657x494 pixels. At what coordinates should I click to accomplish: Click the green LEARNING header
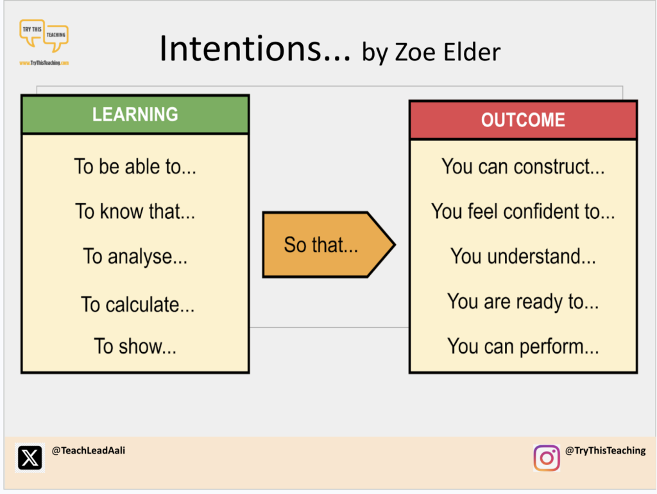pyautogui.click(x=135, y=114)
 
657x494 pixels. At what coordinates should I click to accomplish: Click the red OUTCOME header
pyautogui.click(x=523, y=120)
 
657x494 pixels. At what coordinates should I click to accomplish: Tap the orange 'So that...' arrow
pyautogui.click(x=328, y=244)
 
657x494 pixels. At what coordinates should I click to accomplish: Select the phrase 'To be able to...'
pyautogui.click(x=135, y=166)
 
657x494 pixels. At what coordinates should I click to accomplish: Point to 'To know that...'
pyautogui.click(x=135, y=211)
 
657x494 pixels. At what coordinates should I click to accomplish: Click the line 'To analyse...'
pyautogui.click(x=135, y=257)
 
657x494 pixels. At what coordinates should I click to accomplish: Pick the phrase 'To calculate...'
pyautogui.click(x=137, y=304)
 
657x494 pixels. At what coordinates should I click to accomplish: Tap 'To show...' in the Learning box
pyautogui.click(x=135, y=346)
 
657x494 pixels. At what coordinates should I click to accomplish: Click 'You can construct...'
pyautogui.click(x=523, y=166)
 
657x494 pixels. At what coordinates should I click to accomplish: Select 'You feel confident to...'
pyautogui.click(x=523, y=211)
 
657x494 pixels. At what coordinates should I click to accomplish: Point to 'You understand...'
pyautogui.click(x=523, y=256)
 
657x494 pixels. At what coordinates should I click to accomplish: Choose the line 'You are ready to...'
pyautogui.click(x=523, y=302)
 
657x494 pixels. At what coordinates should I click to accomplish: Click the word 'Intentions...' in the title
pyautogui.click(x=255, y=49)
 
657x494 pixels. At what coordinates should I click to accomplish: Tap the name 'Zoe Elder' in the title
pyautogui.click(x=448, y=52)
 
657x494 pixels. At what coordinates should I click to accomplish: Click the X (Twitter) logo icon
pyautogui.click(x=30, y=457)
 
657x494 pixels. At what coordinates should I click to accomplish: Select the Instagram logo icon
pyautogui.click(x=547, y=458)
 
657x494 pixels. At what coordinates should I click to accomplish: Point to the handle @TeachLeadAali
pyautogui.click(x=88, y=450)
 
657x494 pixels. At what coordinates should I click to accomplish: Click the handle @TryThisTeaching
pyautogui.click(x=605, y=450)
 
